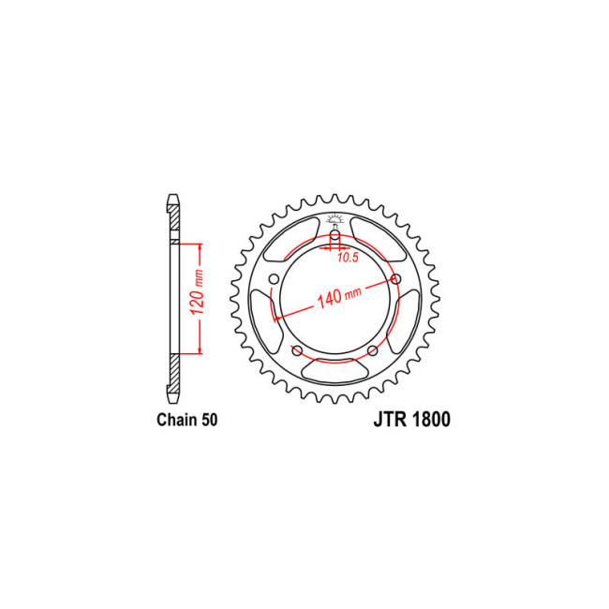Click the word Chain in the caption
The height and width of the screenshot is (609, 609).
[177, 420]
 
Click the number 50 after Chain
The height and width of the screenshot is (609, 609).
[210, 420]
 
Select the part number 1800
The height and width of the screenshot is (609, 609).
[429, 420]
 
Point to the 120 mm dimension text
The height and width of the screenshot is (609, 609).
[198, 292]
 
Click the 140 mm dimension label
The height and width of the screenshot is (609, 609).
[339, 296]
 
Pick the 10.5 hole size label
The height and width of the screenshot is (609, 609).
[348, 257]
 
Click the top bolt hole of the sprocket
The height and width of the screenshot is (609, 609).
[334, 235]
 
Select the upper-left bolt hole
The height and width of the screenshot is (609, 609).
[275, 279]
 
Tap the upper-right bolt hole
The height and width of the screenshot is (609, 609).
[395, 278]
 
